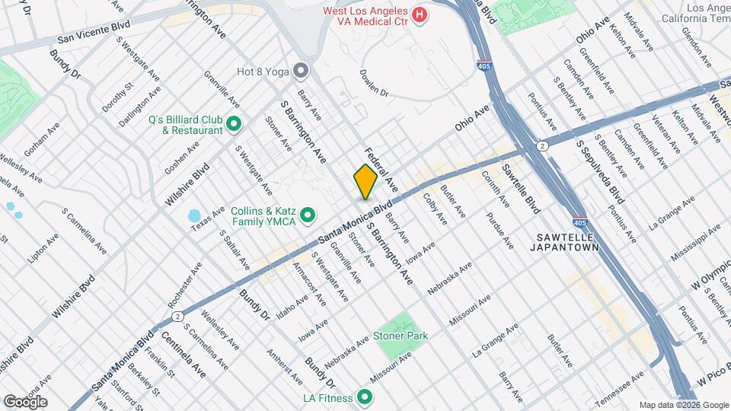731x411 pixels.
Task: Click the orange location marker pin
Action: point(365,181)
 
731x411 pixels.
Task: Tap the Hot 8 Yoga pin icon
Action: point(302,71)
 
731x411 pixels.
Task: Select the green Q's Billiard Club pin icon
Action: point(234,123)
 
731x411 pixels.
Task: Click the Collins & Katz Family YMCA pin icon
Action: point(308,216)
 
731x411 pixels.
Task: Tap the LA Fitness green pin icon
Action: point(365,397)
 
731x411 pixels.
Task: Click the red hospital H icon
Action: point(418,14)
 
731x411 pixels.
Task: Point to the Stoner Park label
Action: point(401,336)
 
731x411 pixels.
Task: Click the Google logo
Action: point(24,401)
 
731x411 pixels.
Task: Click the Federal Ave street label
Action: point(381,168)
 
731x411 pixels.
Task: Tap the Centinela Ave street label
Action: point(184,349)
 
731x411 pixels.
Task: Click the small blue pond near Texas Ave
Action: point(193,216)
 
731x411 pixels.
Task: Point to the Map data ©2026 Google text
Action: point(683,404)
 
